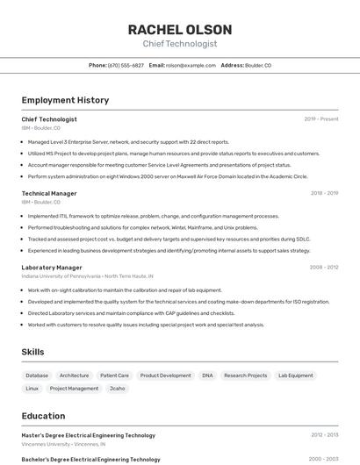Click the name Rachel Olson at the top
(x=180, y=29)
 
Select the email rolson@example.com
(x=191, y=65)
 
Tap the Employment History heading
(x=65, y=100)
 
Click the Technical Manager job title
(x=49, y=193)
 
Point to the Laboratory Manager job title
(x=52, y=267)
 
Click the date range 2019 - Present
(x=321, y=119)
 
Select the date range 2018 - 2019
(x=324, y=193)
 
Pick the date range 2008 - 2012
(x=324, y=267)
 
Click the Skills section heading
(x=32, y=352)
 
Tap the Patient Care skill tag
(x=114, y=376)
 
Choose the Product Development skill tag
(x=165, y=376)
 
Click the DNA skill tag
(x=207, y=376)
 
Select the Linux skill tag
(x=32, y=388)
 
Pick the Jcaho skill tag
(x=118, y=388)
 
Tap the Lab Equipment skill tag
(x=295, y=376)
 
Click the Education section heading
(x=43, y=416)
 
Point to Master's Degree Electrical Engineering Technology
(x=88, y=435)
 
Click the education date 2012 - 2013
(x=324, y=435)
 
